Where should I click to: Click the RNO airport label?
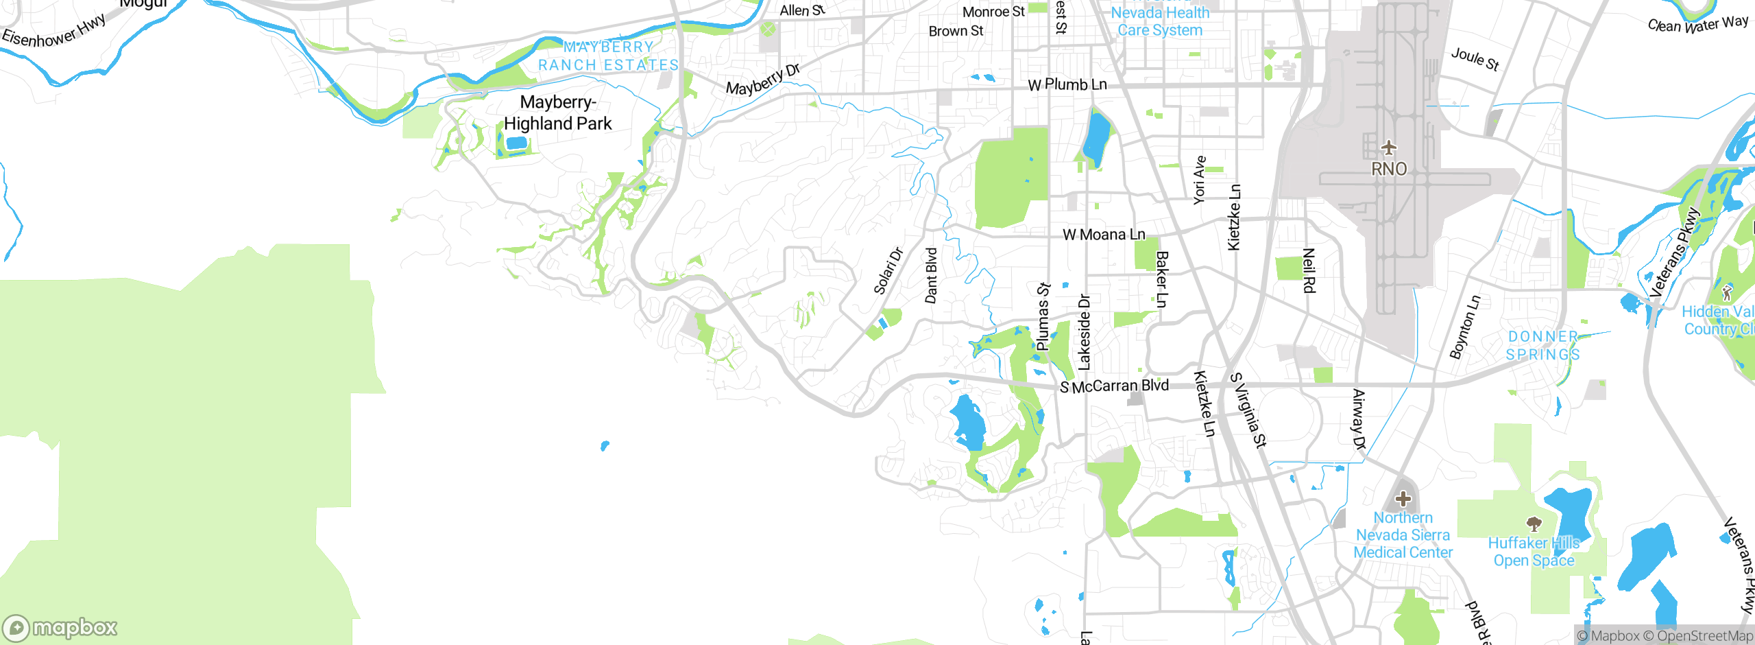[x=1389, y=169]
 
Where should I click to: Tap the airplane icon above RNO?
[x=1389, y=148]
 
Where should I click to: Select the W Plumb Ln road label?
[x=1067, y=84]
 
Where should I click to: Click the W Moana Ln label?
[x=1104, y=235]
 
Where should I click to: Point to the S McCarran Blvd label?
[x=1114, y=386]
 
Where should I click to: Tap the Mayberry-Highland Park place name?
[x=558, y=113]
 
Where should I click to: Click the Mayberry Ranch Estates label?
[x=608, y=56]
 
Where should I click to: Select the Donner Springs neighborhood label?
[x=1543, y=346]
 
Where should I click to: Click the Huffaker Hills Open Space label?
[x=1534, y=552]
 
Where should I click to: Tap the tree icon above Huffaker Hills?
[x=1534, y=525]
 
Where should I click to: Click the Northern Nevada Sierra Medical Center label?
[x=1403, y=535]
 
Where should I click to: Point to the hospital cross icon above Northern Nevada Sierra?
[x=1403, y=499]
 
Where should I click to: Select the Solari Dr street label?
[x=888, y=271]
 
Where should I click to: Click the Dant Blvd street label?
[x=931, y=276]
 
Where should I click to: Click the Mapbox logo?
[x=60, y=628]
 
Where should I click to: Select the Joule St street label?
[x=1475, y=59]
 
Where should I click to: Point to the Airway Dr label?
[x=1359, y=419]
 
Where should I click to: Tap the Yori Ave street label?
[x=1199, y=180]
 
